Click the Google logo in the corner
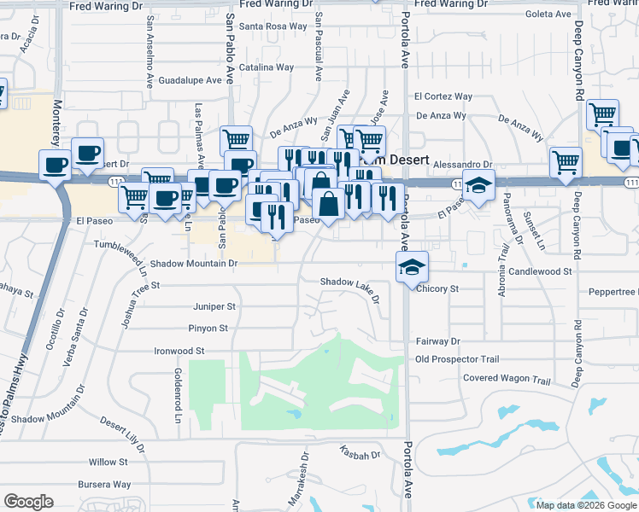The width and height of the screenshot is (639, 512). pos(28,502)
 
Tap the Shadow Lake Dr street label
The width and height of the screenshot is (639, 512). pos(349,282)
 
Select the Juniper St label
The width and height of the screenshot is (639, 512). pos(214,305)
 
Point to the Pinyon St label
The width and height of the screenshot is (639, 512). pos(208,328)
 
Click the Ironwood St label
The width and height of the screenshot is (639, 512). pos(179,350)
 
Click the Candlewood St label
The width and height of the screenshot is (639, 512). pos(539,271)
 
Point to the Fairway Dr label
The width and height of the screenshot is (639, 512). pos(437,340)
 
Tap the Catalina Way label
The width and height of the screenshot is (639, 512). pos(267,67)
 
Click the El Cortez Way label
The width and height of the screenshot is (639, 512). pos(443,96)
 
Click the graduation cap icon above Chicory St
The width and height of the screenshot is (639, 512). pos(412,266)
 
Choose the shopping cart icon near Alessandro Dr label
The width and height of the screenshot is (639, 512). pos(566,161)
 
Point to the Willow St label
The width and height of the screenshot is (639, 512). pos(108,462)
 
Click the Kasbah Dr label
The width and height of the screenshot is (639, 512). pos(359,456)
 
